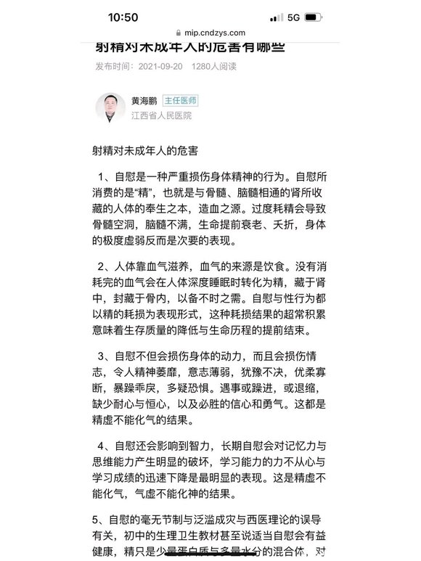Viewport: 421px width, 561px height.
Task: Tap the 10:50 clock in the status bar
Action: [x=123, y=17]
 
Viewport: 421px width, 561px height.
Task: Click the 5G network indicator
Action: [x=293, y=17]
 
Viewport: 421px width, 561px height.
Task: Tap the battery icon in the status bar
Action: [x=314, y=17]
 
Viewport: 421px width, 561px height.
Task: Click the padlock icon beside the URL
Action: [x=179, y=33]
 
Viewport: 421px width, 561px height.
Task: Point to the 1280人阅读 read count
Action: [x=214, y=65]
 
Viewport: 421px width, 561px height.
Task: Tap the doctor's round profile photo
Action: [x=110, y=107]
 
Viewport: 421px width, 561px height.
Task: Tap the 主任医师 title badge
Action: [x=180, y=101]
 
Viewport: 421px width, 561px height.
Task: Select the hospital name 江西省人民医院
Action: [x=161, y=115]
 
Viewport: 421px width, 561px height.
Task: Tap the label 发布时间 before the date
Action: [x=113, y=65]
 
